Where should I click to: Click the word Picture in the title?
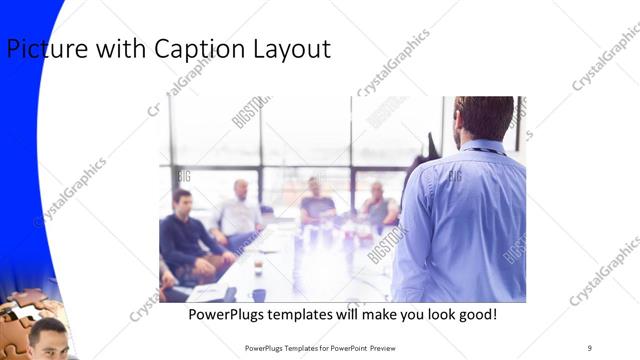click(x=42, y=49)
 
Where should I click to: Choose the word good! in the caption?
click(x=474, y=315)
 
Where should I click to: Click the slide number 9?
click(x=589, y=347)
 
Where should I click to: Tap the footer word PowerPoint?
click(x=345, y=347)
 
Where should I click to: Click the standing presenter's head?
click(x=484, y=117)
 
